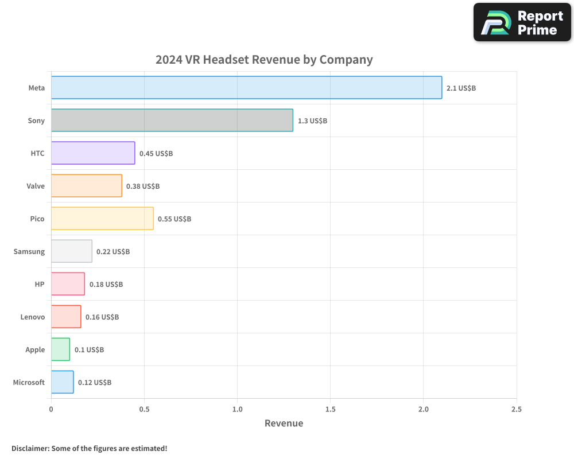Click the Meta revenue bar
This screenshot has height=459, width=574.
(246, 88)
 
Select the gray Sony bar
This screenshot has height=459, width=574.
(172, 120)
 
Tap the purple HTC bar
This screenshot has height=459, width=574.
(93, 153)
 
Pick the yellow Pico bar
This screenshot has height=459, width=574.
(102, 219)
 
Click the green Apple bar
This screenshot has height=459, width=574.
(60, 349)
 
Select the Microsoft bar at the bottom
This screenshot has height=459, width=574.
(62, 382)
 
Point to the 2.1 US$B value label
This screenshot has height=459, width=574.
(461, 88)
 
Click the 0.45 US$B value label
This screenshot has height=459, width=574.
(156, 154)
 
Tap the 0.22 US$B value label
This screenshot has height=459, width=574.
(113, 252)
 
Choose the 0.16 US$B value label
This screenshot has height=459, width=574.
(102, 317)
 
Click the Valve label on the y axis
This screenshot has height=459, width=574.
(36, 186)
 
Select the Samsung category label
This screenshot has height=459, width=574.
(29, 251)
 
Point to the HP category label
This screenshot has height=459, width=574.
(40, 284)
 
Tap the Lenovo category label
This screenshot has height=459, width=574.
(33, 317)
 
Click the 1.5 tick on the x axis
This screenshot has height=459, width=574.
(330, 410)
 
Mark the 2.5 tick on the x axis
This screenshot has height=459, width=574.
(516, 410)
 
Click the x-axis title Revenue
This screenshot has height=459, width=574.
(284, 423)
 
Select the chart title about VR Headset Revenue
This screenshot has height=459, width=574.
(264, 60)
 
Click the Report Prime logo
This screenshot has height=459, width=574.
(522, 22)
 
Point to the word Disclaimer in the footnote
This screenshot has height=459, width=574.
(30, 449)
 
